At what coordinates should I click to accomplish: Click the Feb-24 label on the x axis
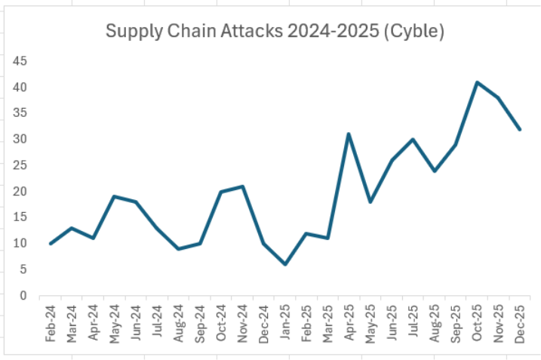pyautogui.click(x=51, y=325)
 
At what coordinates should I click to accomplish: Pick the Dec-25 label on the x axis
pyautogui.click(x=520, y=325)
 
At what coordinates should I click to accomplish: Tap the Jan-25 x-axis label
pyautogui.click(x=285, y=325)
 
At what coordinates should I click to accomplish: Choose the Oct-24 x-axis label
pyautogui.click(x=221, y=325)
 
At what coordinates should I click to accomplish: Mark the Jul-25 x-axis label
pyautogui.click(x=413, y=325)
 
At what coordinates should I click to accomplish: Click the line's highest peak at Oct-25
pyautogui.click(x=477, y=82)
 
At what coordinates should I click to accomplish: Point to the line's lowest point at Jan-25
pyautogui.click(x=285, y=264)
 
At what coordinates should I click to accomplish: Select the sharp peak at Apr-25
pyautogui.click(x=349, y=134)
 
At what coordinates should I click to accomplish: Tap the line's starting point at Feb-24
pyautogui.click(x=51, y=243)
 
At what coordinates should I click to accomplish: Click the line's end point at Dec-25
pyautogui.click(x=520, y=129)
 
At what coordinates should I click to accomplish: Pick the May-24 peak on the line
pyautogui.click(x=114, y=196)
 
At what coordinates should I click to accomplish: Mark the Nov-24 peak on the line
pyautogui.click(x=242, y=186)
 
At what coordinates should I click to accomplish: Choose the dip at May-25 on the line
pyautogui.click(x=370, y=202)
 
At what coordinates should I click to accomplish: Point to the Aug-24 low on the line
pyautogui.click(x=178, y=248)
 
